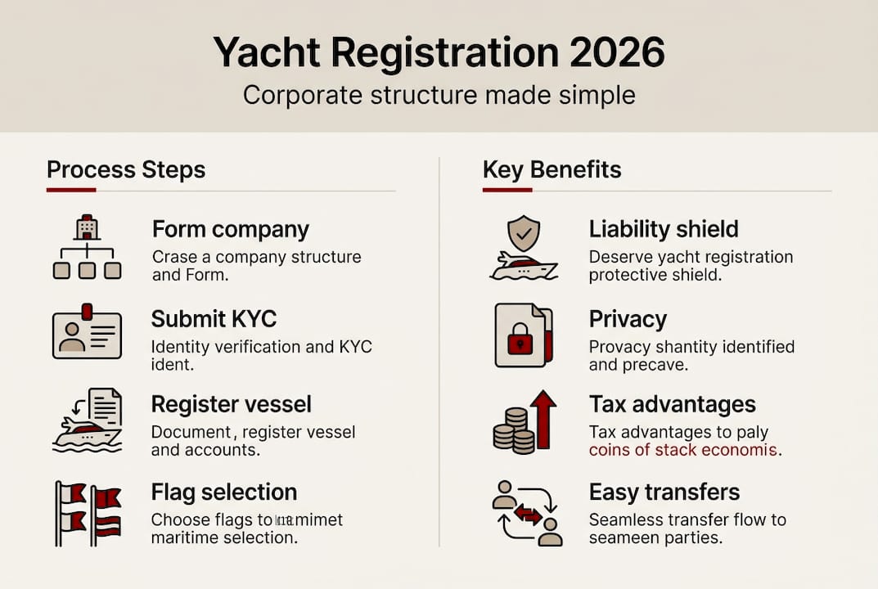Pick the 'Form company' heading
click(231, 229)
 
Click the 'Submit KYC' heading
click(214, 319)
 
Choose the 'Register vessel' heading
click(232, 404)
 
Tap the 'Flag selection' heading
click(224, 492)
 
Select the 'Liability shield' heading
click(664, 229)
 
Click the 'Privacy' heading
click(628, 319)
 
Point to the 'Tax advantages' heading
click(673, 404)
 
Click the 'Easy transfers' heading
click(664, 492)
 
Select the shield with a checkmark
click(523, 234)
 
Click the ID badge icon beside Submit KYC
click(87, 335)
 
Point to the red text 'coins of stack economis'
click(684, 450)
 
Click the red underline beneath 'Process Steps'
click(71, 191)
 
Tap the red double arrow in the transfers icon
click(528, 515)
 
